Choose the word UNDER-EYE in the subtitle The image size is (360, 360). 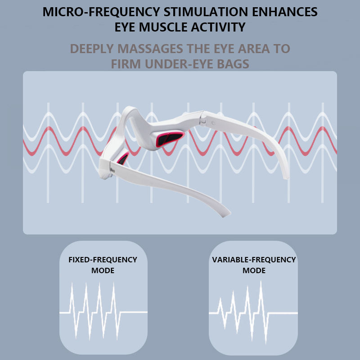click(180, 64)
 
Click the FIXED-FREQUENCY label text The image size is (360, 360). click(103, 260)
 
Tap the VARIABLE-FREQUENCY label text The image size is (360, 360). click(254, 260)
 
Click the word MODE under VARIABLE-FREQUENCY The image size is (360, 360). click(254, 271)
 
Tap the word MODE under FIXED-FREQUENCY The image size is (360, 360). click(103, 271)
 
